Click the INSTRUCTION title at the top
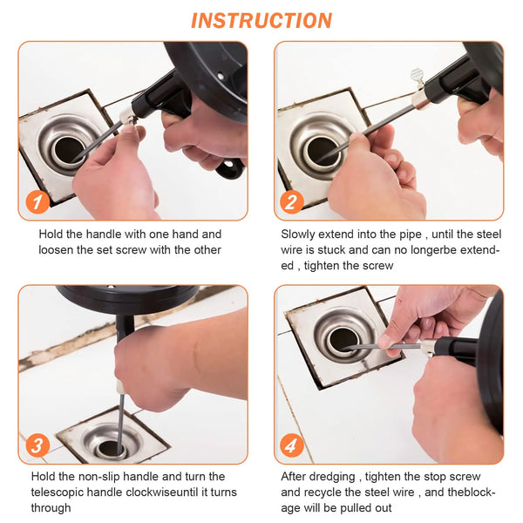[261, 20]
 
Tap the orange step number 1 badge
[36, 203]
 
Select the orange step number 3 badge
[36, 447]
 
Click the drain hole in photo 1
[68, 150]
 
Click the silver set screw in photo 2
[418, 78]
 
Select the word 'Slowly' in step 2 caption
[299, 234]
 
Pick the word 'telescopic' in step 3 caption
[60, 492]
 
